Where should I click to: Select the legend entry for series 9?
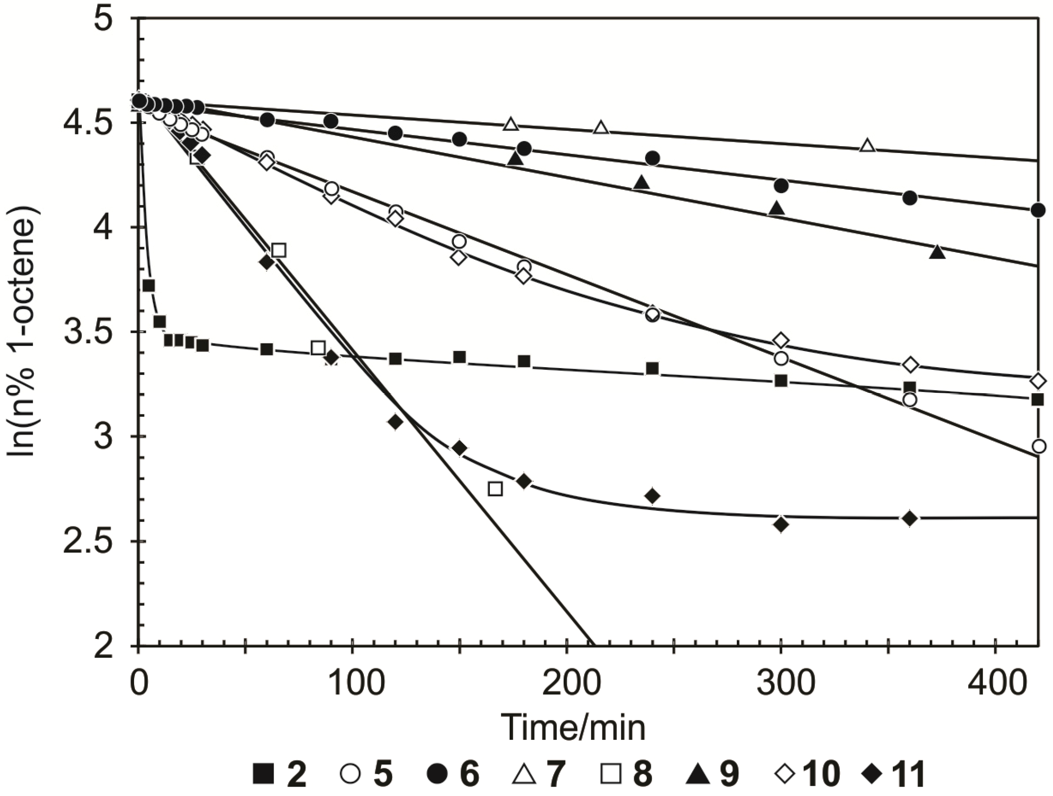coord(712,774)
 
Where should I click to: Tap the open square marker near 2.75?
coord(496,489)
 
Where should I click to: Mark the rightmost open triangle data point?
coord(868,146)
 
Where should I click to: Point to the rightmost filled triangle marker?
coord(938,252)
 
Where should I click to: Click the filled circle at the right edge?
coord(1038,210)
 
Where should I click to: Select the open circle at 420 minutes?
coord(1039,446)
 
